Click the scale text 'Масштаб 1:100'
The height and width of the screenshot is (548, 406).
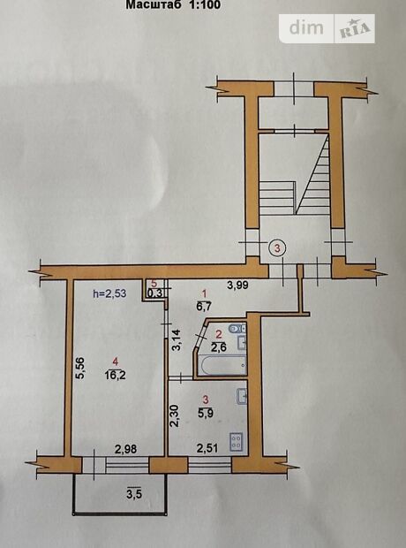pyautogui.click(x=173, y=5)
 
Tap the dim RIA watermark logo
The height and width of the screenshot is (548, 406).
pyautogui.click(x=327, y=28)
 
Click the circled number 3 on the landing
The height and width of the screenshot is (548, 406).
pyautogui.click(x=277, y=248)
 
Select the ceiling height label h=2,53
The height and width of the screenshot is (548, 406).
pyautogui.click(x=109, y=293)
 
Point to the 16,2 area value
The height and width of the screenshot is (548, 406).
pyautogui.click(x=116, y=376)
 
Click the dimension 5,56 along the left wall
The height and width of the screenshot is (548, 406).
pyautogui.click(x=79, y=368)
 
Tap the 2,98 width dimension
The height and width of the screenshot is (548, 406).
pyautogui.click(x=125, y=448)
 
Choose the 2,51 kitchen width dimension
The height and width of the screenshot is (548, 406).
pyautogui.click(x=207, y=448)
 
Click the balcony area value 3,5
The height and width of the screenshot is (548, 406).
pyautogui.click(x=134, y=494)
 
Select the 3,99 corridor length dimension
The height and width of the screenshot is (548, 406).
pyautogui.click(x=237, y=285)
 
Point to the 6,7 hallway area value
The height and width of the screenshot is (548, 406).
pyautogui.click(x=206, y=307)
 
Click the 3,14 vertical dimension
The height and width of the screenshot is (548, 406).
pyautogui.click(x=177, y=340)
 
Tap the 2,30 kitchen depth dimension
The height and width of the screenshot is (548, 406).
pyautogui.click(x=175, y=416)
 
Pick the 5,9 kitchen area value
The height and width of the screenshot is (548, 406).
pyautogui.click(x=206, y=413)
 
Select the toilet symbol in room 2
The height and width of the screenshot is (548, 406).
pyautogui.click(x=237, y=328)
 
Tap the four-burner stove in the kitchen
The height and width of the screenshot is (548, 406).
pyautogui.click(x=236, y=441)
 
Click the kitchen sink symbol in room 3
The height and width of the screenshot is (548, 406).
pyautogui.click(x=242, y=397)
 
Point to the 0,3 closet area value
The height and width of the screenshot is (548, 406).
pyautogui.click(x=154, y=293)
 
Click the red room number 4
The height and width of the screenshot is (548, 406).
pyautogui.click(x=116, y=362)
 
